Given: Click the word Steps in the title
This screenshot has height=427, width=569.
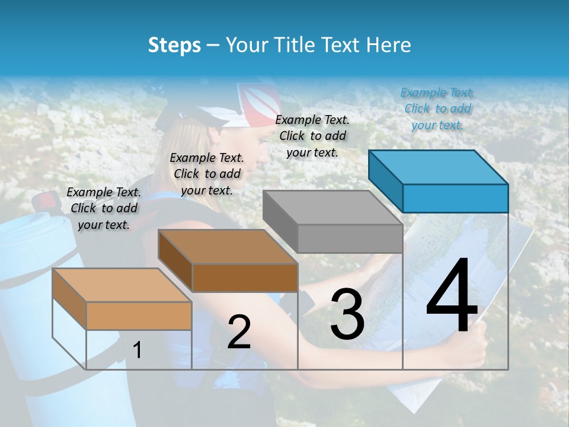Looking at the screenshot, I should coord(174,45).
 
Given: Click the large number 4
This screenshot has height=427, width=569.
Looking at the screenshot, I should coord(452,298).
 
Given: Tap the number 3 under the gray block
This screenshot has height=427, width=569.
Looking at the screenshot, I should coord(347,315).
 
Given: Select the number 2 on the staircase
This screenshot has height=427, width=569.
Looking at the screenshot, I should coord(239,333).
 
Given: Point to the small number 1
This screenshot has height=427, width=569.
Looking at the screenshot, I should coord(138,350).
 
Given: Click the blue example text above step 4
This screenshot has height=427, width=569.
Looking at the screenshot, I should coord(437,109).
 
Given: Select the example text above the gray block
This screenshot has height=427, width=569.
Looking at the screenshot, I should coord(312,136).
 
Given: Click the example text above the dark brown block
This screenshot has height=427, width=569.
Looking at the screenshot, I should coord(207,174).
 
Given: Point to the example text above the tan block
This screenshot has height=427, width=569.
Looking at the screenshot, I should coord(104,208).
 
